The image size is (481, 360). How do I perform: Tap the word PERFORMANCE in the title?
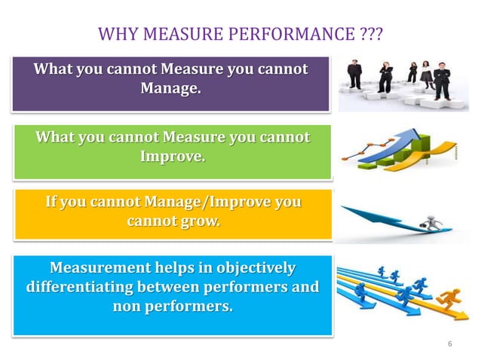[x=287, y=35]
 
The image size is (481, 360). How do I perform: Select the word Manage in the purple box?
[x=170, y=89]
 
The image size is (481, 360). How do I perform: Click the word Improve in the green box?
[x=171, y=157]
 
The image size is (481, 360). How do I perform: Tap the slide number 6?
[x=450, y=344]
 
